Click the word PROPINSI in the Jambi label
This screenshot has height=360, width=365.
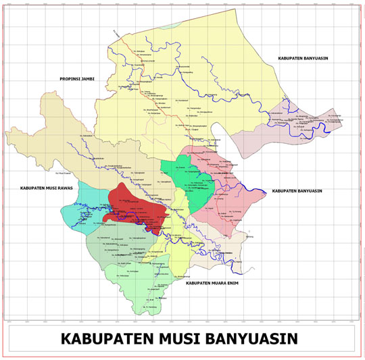click(68, 79)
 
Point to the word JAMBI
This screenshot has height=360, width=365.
click(87, 79)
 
